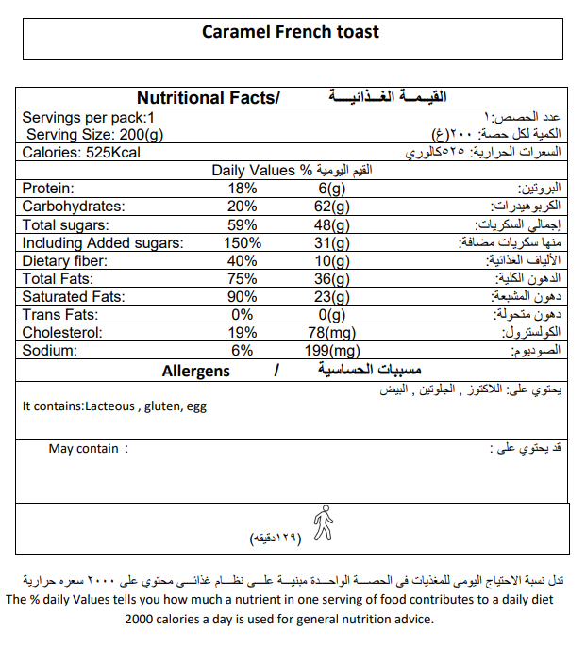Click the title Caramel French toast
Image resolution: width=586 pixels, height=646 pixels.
click(291, 31)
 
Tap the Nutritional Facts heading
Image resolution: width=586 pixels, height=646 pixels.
click(208, 98)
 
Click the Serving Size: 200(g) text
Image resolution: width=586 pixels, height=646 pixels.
click(94, 135)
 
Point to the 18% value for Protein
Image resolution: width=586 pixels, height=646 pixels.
click(242, 189)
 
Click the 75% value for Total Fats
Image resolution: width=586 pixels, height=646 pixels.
click(242, 279)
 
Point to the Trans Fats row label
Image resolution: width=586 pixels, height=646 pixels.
click(59, 315)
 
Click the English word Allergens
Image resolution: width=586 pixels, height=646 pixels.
click(195, 371)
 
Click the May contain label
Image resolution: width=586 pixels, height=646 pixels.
click(84, 449)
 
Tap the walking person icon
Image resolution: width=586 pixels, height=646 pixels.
click(324, 523)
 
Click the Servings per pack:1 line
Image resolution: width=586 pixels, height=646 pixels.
click(88, 118)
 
